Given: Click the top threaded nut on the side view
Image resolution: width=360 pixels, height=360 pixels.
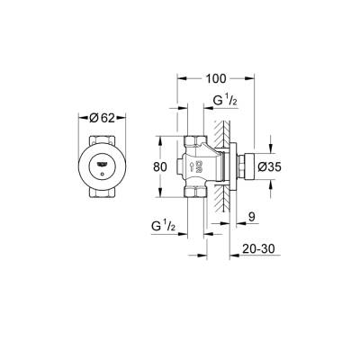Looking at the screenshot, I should (x=194, y=142).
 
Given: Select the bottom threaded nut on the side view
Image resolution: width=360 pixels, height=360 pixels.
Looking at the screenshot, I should (x=194, y=193).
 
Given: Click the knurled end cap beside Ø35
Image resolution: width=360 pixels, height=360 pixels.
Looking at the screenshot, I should (x=248, y=166).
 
